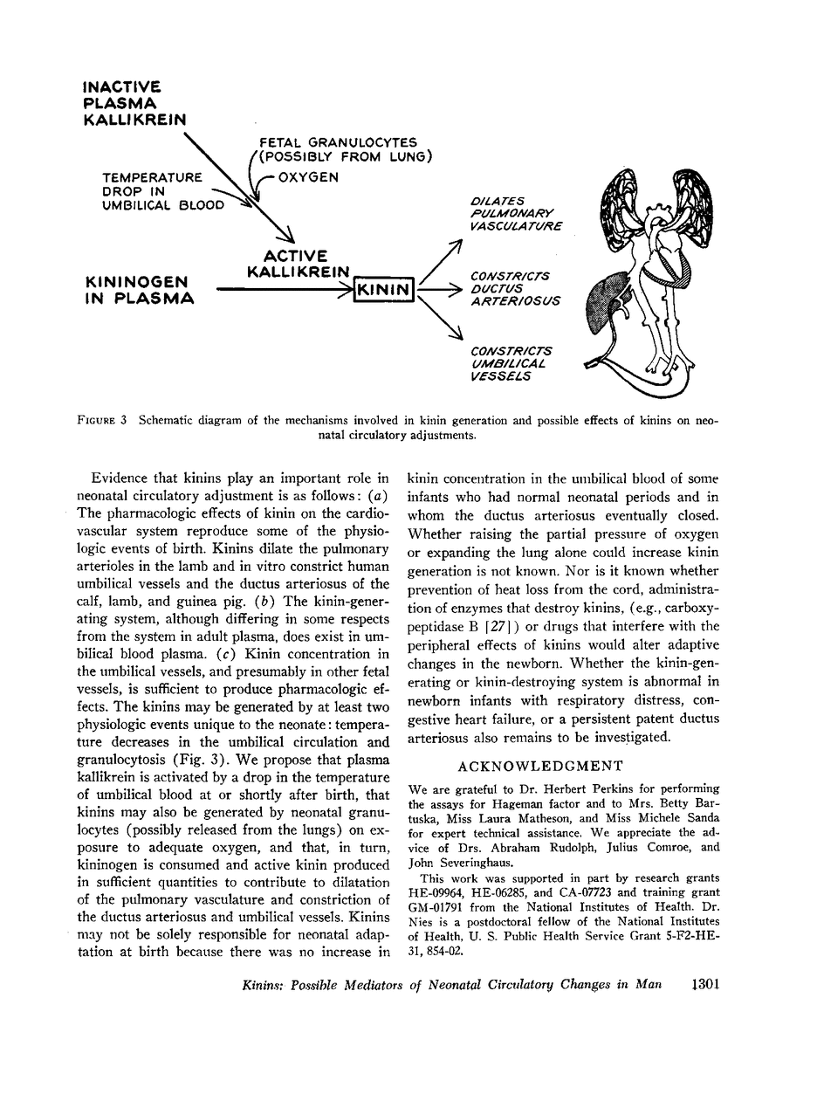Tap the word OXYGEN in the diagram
tap(308, 177)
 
